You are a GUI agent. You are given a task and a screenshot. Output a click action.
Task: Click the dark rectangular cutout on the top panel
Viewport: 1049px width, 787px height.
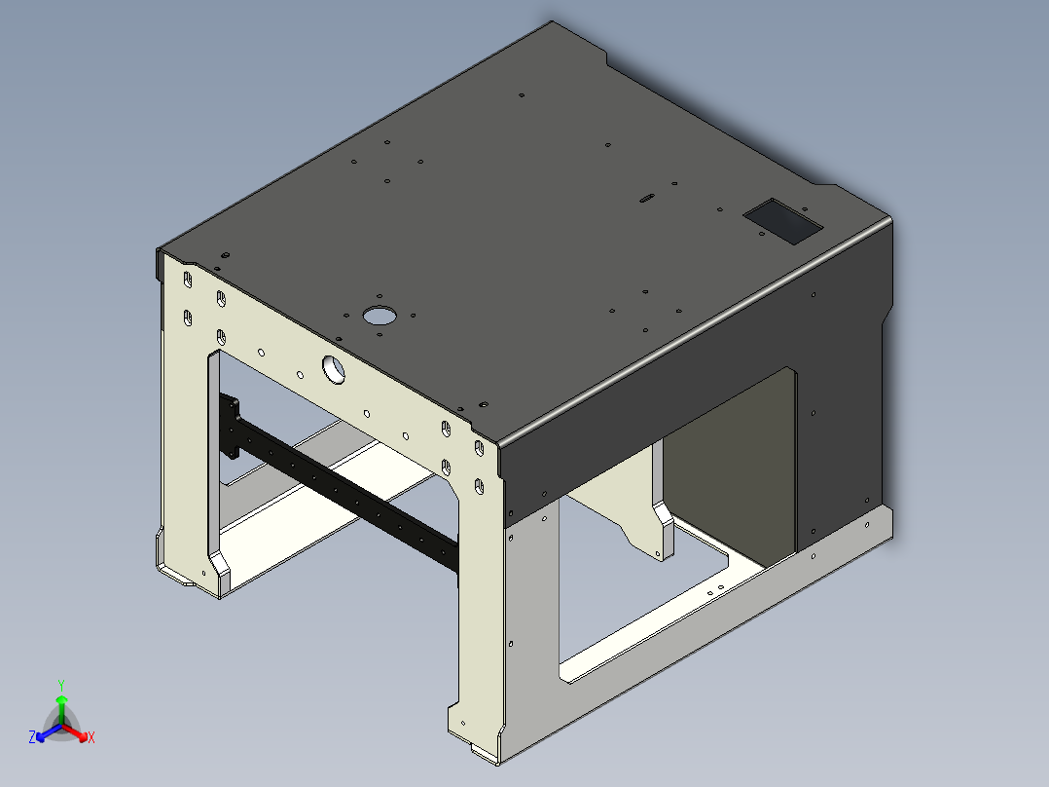[x=783, y=221]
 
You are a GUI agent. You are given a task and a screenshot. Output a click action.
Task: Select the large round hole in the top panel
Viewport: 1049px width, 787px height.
[x=380, y=315]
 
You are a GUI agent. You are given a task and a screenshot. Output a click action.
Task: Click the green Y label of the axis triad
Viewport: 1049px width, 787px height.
[x=60, y=685]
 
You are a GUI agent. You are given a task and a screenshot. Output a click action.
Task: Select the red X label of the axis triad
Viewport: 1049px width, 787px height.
[x=91, y=738]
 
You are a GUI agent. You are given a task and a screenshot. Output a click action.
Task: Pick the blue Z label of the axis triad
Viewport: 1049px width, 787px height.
[x=32, y=738]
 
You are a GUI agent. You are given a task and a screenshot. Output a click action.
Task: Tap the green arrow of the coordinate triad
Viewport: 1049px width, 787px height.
[x=61, y=703]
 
